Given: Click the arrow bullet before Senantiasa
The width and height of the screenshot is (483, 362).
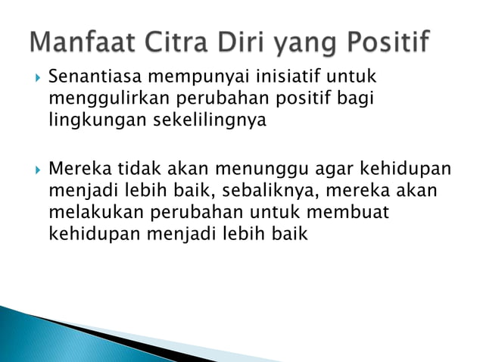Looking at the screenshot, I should pyautogui.click(x=36, y=77).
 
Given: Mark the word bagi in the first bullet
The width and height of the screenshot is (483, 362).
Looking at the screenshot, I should pyautogui.click(x=359, y=99).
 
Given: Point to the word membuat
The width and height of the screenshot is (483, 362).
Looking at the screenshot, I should pyautogui.click(x=351, y=213).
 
